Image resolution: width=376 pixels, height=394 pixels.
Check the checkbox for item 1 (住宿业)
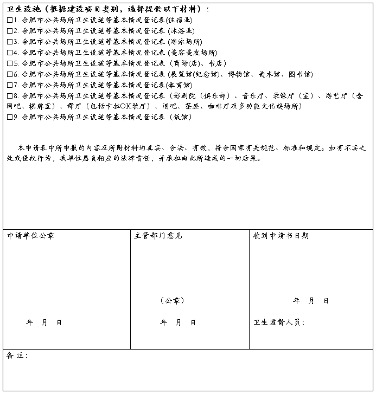pos(10,20)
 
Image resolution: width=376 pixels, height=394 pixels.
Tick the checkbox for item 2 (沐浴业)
pos(10,31)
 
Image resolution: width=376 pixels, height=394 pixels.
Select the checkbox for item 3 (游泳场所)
pos(10,42)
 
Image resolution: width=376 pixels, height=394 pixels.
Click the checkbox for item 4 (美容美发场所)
pos(10,53)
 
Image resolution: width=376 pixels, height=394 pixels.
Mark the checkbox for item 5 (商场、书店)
pos(10,63)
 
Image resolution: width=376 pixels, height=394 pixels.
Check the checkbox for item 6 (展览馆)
pos(10,74)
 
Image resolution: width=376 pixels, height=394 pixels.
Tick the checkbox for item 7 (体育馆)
pos(10,85)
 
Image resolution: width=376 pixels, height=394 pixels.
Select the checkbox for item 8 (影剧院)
pos(10,96)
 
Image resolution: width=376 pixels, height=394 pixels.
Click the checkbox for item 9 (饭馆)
pos(10,117)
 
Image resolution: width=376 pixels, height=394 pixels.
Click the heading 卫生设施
pos(25,9)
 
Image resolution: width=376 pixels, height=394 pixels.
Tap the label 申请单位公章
pos(30,236)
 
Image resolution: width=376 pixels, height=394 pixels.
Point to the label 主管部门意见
pos(158,236)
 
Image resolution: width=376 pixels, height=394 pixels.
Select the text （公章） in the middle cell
pos(173,300)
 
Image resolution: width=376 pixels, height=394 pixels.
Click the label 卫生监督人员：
pos(279,322)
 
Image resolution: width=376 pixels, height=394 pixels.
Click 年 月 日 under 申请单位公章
pos(44,322)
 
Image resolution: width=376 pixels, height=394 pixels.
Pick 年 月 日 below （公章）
pos(178,322)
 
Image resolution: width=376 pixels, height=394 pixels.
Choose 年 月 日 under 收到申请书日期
pos(311,301)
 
